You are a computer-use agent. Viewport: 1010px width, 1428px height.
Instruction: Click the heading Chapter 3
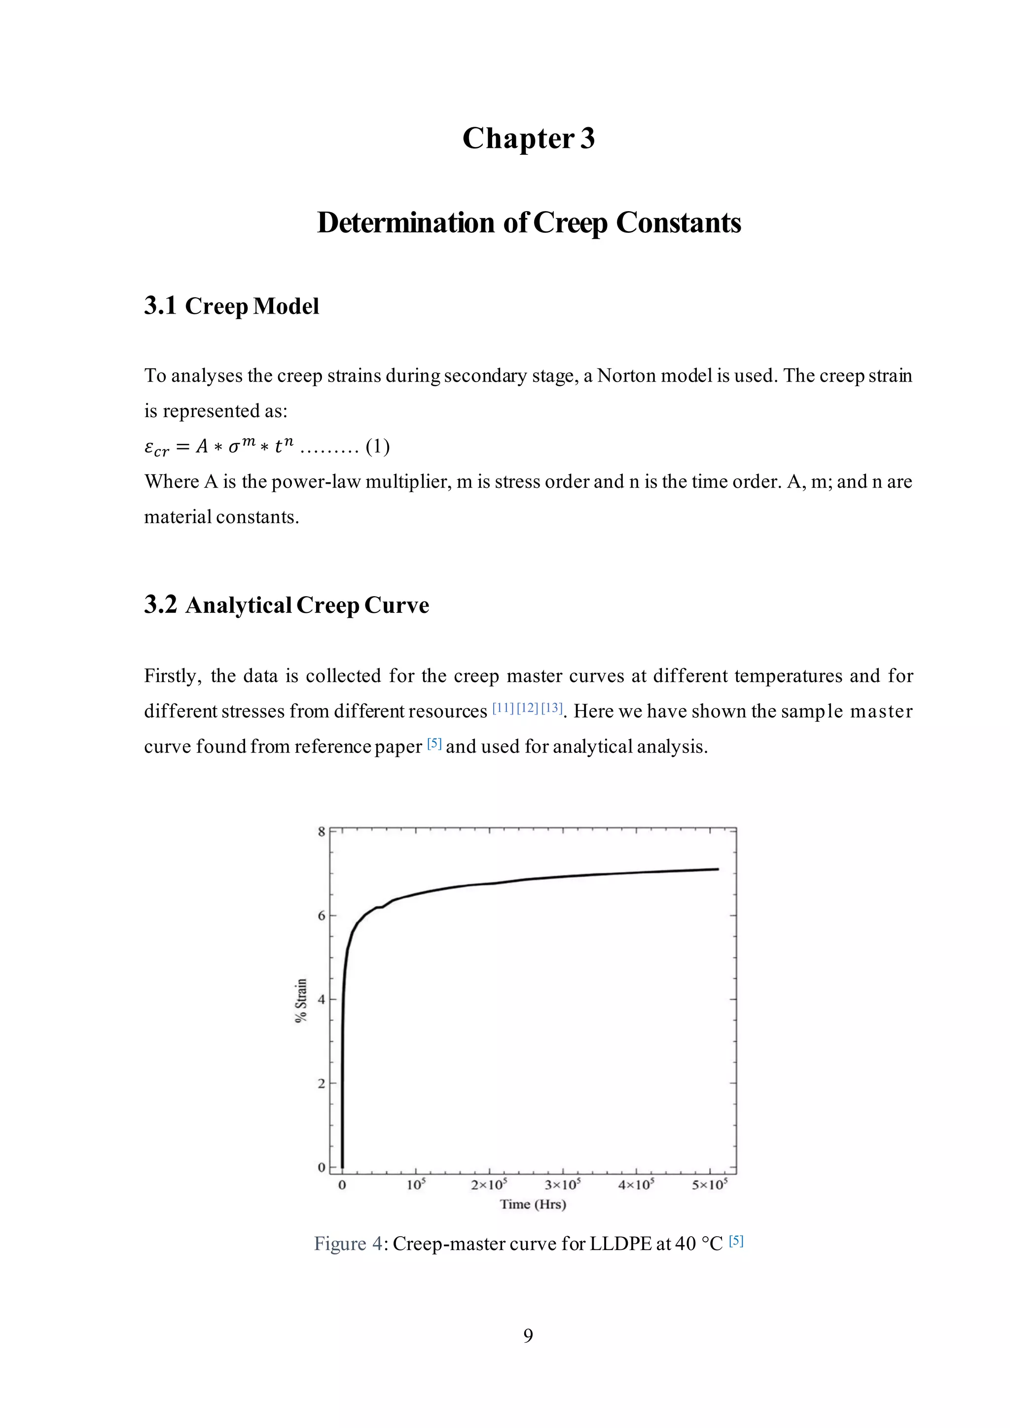coord(528,138)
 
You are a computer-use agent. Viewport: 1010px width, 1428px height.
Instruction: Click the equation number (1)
coord(377,447)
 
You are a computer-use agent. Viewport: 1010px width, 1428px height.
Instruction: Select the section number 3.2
coord(160,605)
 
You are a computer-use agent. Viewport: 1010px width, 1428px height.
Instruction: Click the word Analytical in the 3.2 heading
coord(238,605)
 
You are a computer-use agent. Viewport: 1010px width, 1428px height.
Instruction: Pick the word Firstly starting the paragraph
coord(173,676)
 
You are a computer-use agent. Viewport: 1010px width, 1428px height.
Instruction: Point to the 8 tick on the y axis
coord(322,831)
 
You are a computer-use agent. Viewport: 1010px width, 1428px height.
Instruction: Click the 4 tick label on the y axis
coord(322,1000)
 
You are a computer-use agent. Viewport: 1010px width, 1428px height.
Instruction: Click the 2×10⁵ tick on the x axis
coord(489,1185)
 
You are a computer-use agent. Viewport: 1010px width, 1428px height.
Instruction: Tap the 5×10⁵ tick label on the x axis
coord(710,1185)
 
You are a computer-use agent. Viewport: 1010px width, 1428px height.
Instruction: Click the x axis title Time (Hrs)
coord(533,1204)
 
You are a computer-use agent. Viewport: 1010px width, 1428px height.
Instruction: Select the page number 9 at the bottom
coord(528,1335)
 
